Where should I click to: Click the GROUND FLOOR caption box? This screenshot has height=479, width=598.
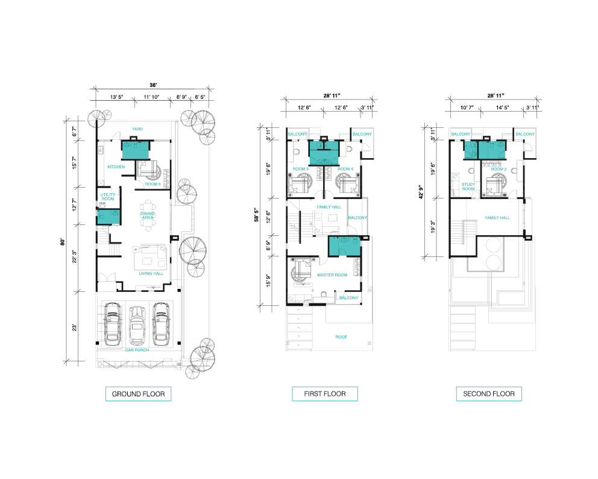(x=138, y=394)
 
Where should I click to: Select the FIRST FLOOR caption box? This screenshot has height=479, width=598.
(x=325, y=394)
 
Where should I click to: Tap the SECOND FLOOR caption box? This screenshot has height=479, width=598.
(x=489, y=394)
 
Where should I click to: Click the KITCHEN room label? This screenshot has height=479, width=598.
(x=116, y=167)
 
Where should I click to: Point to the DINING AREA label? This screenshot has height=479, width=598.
(x=148, y=215)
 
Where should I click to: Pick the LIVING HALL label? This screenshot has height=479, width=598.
(x=151, y=273)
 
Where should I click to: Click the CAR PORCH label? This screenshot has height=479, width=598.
(x=137, y=350)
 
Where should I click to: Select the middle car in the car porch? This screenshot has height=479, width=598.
(x=137, y=325)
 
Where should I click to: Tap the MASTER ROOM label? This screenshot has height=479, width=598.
(x=332, y=275)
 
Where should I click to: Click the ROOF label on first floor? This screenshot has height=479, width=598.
(x=341, y=337)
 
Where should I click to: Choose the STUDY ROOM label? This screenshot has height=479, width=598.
(x=468, y=186)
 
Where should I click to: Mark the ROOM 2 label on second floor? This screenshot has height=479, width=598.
(x=499, y=169)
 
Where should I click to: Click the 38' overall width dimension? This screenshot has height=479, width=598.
(x=153, y=85)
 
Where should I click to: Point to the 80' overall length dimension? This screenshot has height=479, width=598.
(x=63, y=241)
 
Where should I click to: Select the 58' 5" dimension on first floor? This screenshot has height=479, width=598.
(x=256, y=215)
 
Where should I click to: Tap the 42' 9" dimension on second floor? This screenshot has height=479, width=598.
(x=421, y=192)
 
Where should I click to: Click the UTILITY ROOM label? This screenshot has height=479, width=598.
(x=108, y=197)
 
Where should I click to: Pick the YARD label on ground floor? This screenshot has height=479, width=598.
(x=137, y=129)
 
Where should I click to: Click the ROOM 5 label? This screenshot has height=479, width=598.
(x=153, y=184)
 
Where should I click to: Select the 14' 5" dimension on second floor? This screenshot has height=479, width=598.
(x=502, y=107)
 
